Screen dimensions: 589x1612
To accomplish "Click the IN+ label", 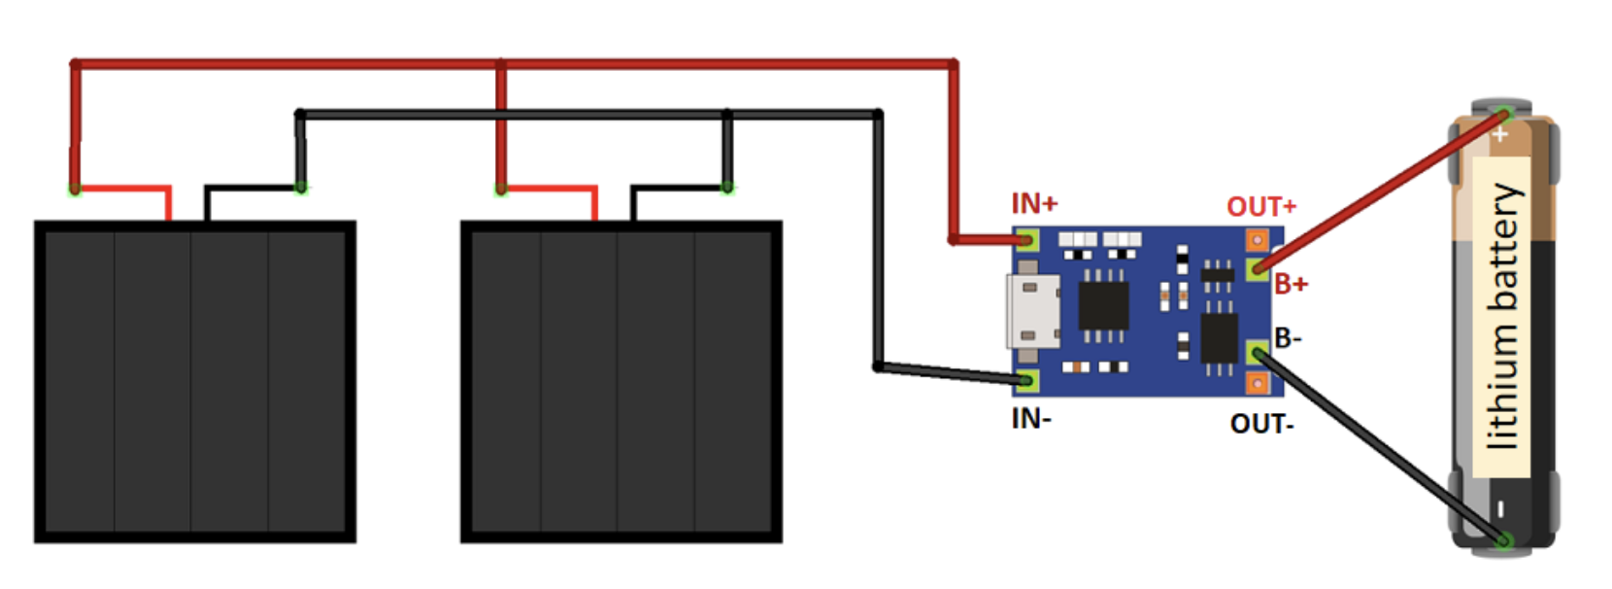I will coord(1034,203).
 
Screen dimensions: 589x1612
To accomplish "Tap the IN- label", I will coord(1031,418).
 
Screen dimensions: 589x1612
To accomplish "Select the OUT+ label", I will coord(1260,207).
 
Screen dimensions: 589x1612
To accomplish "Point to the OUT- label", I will coord(1261,424).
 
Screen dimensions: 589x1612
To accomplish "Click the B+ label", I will coord(1291,284).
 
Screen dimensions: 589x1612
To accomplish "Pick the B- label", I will coord(1288,338).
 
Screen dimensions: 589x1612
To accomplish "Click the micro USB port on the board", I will coord(1033,311).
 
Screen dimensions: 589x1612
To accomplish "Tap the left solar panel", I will coord(194,381).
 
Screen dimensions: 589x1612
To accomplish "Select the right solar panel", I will coord(621,381).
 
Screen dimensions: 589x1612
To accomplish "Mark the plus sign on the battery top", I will coord(1500,134).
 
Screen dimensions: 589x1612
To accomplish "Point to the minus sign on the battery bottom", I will coord(1500,508).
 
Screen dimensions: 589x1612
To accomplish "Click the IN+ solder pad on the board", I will coord(1027,239).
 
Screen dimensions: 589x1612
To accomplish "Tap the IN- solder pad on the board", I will coord(1027,380).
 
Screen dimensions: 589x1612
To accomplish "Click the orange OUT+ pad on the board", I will coord(1257,239).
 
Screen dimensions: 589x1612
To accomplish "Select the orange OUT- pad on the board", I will coord(1257,384).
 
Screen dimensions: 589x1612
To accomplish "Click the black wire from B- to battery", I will coord(1379,447).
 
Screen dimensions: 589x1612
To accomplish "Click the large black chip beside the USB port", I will coord(1103,306).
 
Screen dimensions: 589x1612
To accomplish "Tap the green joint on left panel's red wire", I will coord(75,189).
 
